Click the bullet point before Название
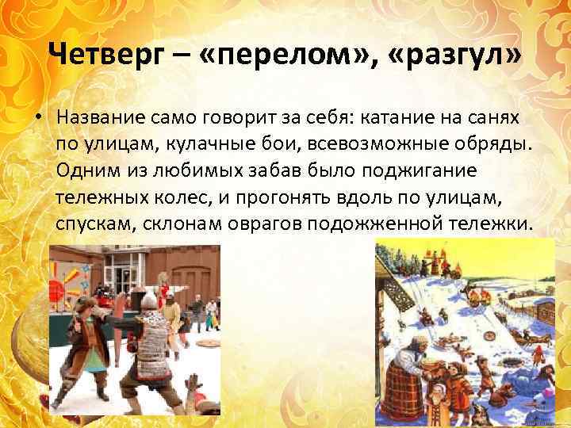coord(37,117)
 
